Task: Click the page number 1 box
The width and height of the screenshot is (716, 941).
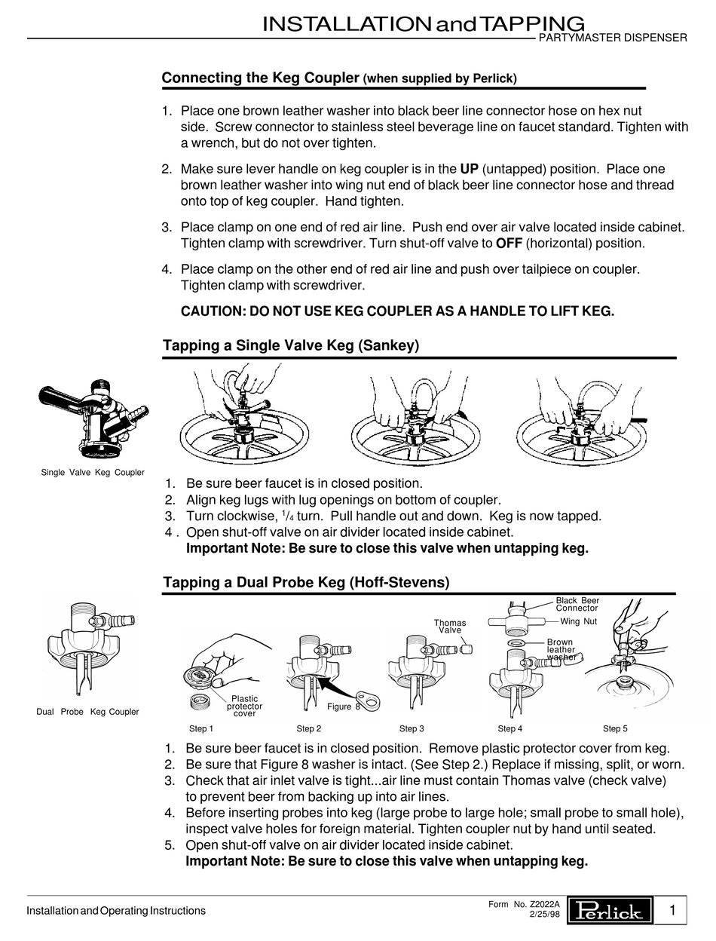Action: pos(672,911)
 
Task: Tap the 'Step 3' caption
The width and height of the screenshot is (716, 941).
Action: pos(412,728)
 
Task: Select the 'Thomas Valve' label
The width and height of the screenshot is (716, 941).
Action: pos(450,627)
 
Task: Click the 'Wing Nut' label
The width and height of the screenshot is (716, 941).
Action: pos(579,622)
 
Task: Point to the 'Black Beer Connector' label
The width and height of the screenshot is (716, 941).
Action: pos(577,604)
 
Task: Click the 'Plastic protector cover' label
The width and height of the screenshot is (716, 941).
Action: pos(244,706)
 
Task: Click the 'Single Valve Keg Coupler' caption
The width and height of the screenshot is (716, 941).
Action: pos(92,473)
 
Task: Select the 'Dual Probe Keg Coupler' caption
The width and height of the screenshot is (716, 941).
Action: pos(87,712)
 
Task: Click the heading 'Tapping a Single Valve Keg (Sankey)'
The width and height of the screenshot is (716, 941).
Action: pos(290,345)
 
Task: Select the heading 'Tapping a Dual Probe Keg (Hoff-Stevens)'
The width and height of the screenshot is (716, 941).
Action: pos(306,583)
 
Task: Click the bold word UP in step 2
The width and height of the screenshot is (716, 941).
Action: pos(470,168)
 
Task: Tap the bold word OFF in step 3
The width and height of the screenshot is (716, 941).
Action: pos(509,244)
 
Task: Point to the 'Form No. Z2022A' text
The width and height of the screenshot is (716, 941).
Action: pos(525,903)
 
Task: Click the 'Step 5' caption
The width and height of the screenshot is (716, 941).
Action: pos(615,728)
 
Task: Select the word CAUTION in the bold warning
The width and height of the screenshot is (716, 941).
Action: pos(213,311)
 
